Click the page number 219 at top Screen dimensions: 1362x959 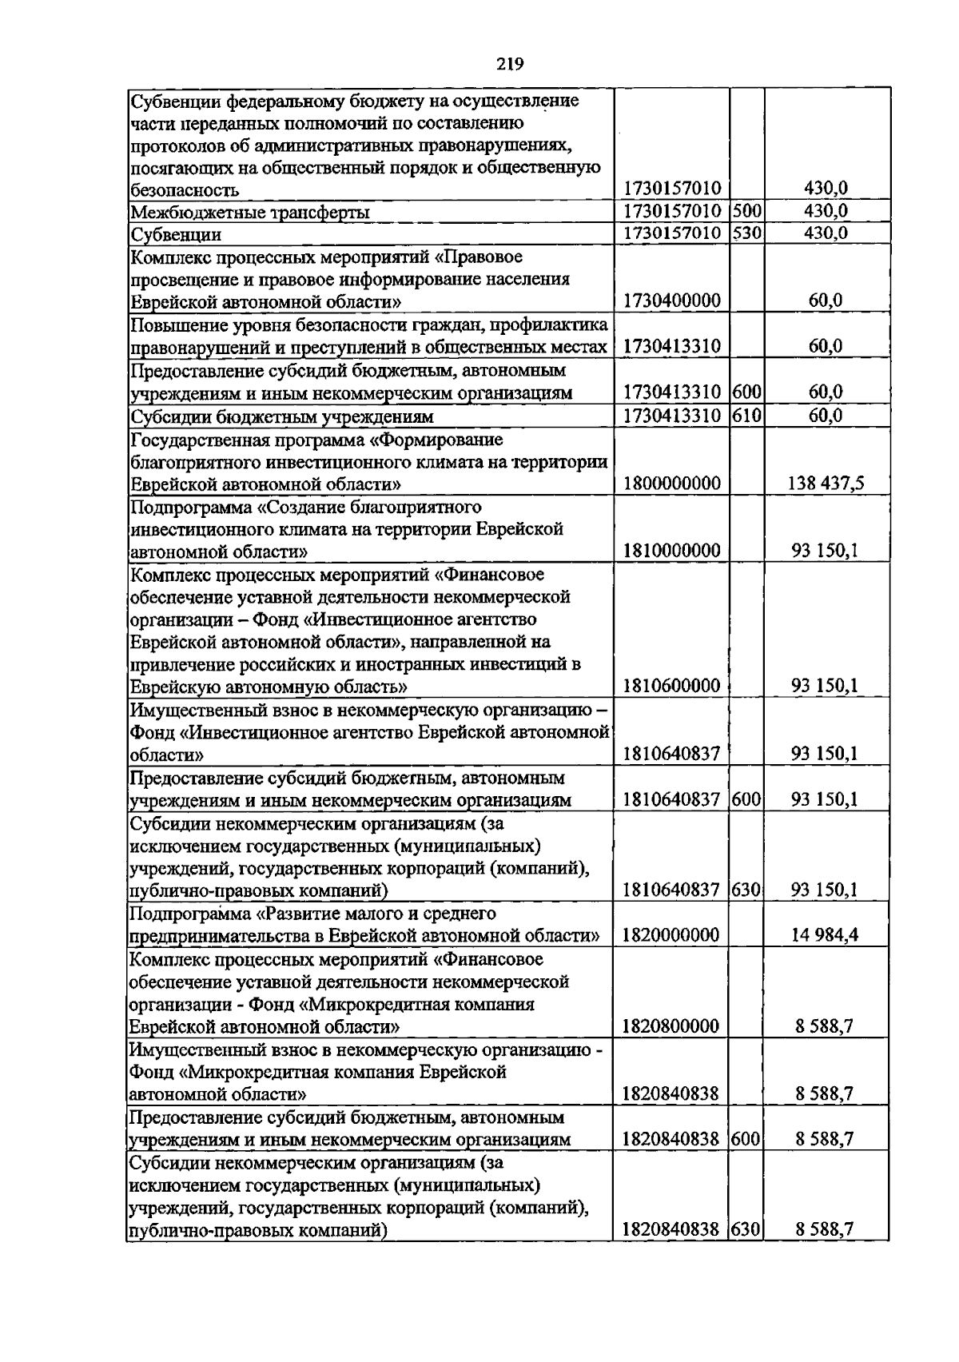[509, 65]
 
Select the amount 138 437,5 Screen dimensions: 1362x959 [826, 484]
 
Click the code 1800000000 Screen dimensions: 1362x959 [671, 484]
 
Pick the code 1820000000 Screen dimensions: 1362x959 [671, 935]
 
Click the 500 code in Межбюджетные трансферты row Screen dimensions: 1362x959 [746, 212]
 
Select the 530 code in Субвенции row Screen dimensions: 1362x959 [746, 234]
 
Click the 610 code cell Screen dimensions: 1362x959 [746, 416]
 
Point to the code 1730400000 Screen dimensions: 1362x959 [671, 301]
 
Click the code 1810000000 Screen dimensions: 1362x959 [671, 551]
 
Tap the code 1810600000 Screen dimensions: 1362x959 [671, 686]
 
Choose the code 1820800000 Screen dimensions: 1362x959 [671, 1026]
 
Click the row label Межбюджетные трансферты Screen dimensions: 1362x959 [250, 213]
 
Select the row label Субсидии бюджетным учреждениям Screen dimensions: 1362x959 [282, 416]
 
